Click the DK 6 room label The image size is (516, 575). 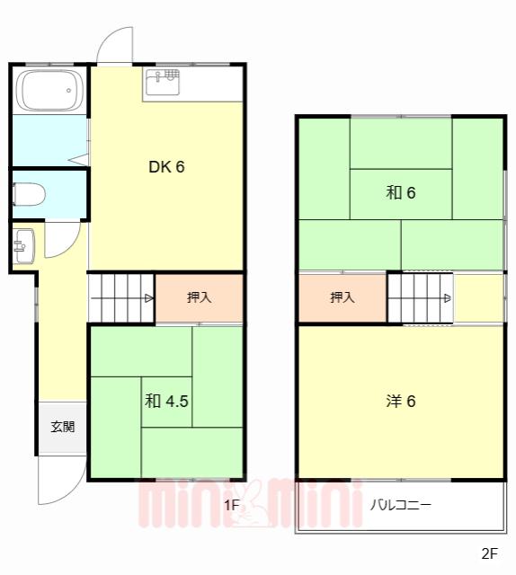click(166, 166)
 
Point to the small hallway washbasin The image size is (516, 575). click(23, 243)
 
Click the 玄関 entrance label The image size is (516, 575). click(62, 427)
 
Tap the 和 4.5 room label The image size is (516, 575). click(166, 402)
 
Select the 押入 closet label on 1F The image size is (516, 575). click(199, 298)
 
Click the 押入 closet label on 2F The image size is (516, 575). click(343, 298)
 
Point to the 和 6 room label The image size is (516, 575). click(401, 192)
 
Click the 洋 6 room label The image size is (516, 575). click(401, 402)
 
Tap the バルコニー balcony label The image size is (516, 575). click(401, 505)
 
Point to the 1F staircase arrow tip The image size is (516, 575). click(150, 298)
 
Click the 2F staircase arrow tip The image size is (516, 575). click(449, 298)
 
